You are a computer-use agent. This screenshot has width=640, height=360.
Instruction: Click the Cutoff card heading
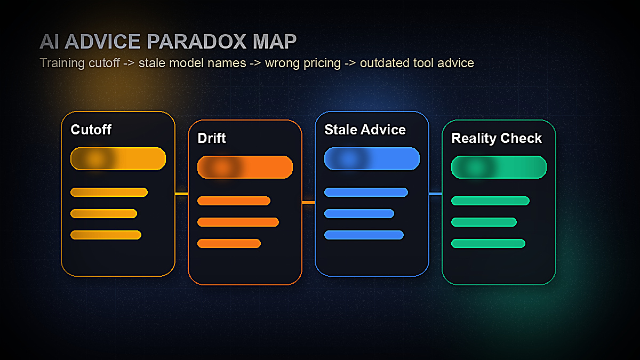(91, 130)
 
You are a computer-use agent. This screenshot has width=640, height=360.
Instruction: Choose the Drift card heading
(212, 138)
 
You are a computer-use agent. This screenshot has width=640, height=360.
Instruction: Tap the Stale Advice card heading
(365, 130)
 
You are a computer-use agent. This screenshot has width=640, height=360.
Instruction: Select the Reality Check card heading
(497, 138)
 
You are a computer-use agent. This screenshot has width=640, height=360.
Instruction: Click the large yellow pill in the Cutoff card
(118, 158)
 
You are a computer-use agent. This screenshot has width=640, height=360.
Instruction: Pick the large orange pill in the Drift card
(245, 167)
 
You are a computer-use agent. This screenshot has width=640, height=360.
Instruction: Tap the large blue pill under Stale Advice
(372, 158)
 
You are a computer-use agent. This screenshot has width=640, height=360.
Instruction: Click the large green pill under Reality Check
(499, 167)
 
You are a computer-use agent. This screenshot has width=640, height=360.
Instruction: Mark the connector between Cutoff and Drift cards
(181, 194)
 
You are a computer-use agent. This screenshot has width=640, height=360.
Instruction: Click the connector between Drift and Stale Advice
(308, 202)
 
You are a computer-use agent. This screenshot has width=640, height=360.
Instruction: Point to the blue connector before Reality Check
(435, 194)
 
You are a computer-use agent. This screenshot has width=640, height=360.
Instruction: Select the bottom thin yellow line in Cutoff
(106, 235)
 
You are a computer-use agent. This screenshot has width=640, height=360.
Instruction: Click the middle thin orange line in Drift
(238, 222)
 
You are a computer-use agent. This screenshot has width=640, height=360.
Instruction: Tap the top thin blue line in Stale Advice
(366, 192)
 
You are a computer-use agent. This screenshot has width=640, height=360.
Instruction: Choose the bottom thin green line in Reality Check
(488, 243)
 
